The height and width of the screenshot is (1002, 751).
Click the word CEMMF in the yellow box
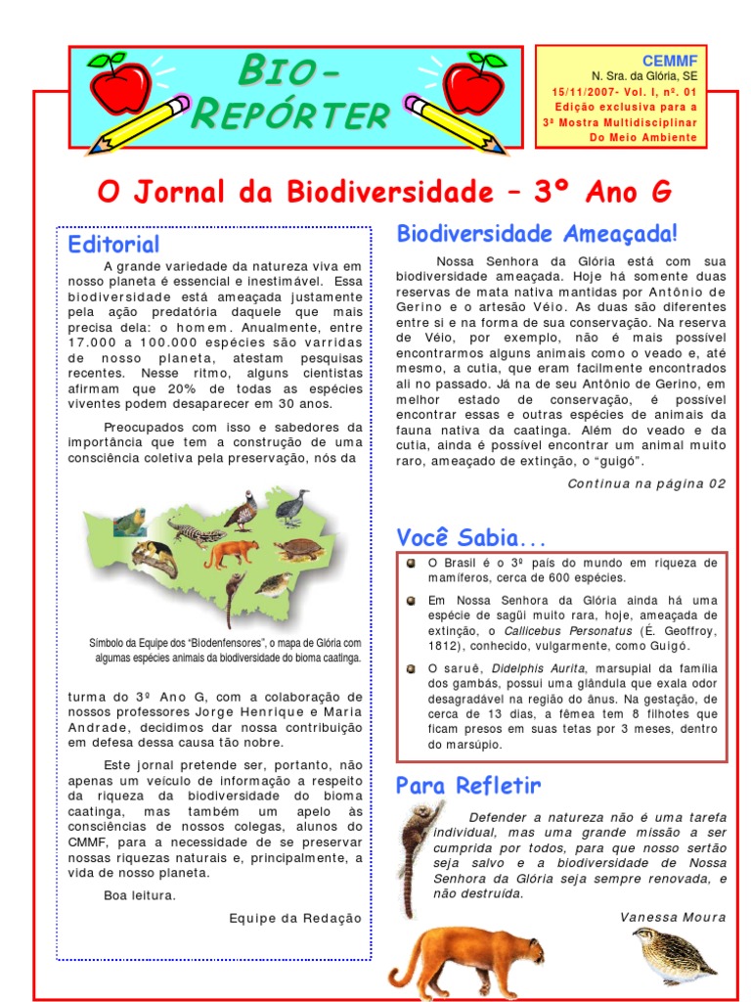pos(670,62)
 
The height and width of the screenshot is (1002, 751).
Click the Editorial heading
pos(113,244)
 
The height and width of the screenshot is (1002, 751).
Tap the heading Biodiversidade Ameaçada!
pos(537,234)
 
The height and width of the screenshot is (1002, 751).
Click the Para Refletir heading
pos(468,786)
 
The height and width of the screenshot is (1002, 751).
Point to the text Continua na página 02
pos(646,483)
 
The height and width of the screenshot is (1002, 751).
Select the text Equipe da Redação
pos(295,918)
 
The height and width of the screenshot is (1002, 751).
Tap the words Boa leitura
pos(140,894)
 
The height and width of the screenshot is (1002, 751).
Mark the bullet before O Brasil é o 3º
pos(412,564)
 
